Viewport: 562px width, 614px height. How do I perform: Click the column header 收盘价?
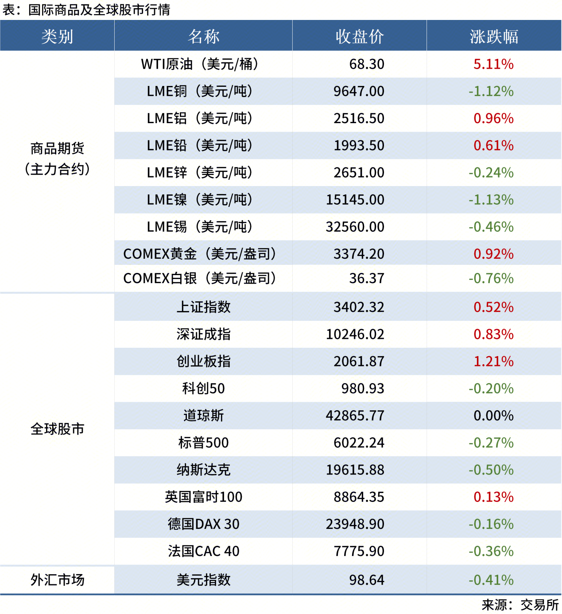(359, 36)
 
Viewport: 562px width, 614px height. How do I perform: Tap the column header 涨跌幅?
(494, 36)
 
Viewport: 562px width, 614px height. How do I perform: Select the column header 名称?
(203, 36)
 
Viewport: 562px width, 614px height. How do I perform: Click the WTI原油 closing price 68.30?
(367, 64)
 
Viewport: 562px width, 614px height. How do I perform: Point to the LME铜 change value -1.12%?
(491, 91)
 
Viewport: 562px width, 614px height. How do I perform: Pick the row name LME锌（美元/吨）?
(200, 173)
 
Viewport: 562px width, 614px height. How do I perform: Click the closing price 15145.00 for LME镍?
(355, 200)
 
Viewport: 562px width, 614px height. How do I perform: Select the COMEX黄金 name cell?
(200, 254)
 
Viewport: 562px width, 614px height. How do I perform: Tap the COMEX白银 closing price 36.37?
(367, 279)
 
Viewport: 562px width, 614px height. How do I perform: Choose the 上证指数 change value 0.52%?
(493, 307)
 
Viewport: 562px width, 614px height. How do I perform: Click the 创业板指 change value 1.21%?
(493, 361)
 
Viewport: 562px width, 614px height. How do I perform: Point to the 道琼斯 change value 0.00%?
(493, 416)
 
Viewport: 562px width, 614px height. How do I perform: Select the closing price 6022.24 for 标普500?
(359, 443)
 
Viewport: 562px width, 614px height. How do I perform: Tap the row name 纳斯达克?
(203, 470)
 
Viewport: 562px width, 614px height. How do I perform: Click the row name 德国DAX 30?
(203, 524)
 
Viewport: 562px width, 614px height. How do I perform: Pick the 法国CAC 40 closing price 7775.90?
(359, 551)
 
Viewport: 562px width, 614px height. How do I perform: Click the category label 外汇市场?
(57, 580)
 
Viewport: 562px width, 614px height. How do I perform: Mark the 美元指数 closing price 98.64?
(367, 580)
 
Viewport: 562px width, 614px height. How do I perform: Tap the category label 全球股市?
(57, 429)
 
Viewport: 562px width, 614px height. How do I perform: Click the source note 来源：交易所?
(520, 605)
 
